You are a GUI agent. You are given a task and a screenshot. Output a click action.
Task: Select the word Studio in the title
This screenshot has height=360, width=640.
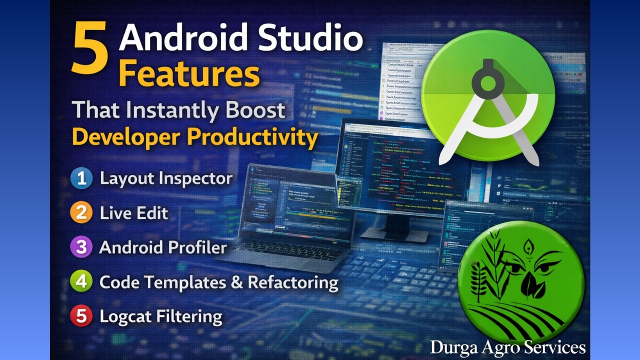point(309,39)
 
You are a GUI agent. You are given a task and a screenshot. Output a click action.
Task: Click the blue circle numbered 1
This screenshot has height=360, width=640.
point(81,178)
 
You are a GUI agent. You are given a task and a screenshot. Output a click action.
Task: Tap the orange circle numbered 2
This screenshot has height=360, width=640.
point(81,213)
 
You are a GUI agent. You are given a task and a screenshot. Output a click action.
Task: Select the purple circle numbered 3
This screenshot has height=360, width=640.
point(81,247)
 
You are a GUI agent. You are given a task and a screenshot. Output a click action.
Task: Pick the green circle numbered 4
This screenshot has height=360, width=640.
point(81,282)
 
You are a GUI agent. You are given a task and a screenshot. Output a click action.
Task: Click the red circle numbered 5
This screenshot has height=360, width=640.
point(81,316)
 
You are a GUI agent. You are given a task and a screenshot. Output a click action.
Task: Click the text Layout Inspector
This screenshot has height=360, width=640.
point(166,178)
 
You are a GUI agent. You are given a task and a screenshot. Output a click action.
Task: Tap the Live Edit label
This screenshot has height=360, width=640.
point(133,213)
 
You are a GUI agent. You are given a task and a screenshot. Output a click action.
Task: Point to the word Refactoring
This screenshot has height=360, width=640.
point(293,282)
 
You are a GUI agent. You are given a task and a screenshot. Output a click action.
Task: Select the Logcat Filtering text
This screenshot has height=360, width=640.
point(160,316)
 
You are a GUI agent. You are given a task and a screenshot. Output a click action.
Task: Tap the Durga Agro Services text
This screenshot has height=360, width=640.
point(507,347)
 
